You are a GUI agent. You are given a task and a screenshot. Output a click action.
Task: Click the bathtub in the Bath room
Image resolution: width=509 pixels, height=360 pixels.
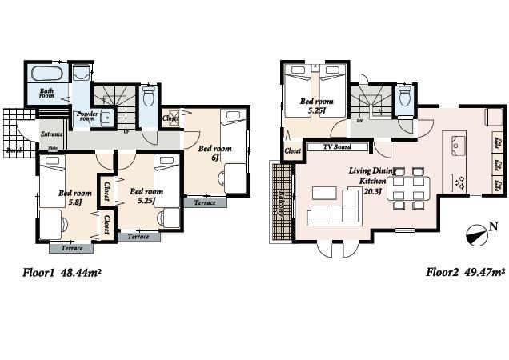[x=49, y=76]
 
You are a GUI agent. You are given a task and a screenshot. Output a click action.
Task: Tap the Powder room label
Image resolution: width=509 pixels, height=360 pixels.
[x=86, y=116]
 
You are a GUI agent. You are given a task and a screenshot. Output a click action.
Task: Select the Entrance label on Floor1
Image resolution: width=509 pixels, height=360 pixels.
[x=51, y=134]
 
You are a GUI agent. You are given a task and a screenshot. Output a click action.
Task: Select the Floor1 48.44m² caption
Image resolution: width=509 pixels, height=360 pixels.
[x=61, y=273]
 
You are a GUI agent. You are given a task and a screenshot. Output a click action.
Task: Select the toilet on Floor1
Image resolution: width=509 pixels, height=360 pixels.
[x=148, y=98]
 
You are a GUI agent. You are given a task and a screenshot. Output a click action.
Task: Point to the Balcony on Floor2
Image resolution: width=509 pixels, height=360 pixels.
[x=282, y=195]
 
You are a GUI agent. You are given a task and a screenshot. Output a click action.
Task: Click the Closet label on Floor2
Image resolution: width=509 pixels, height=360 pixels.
[x=292, y=150]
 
